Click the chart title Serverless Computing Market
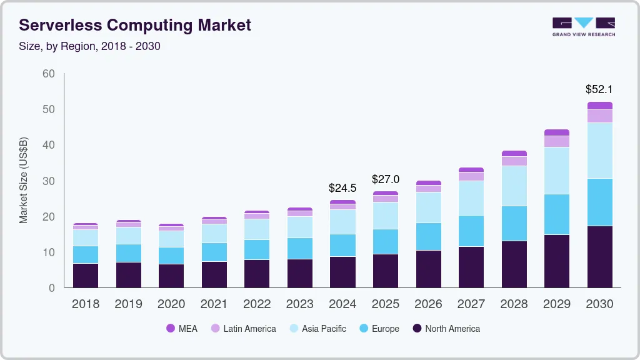pyautogui.click(x=135, y=25)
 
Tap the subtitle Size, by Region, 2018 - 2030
pyautogui.click(x=89, y=46)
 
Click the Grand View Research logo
pyautogui.click(x=583, y=26)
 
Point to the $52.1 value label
pyautogui.click(x=599, y=89)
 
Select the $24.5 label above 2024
pyautogui.click(x=342, y=187)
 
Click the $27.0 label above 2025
pyautogui.click(x=386, y=179)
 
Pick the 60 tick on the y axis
pyautogui.click(x=48, y=74)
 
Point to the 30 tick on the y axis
pyautogui.click(x=48, y=181)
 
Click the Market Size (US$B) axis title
pyautogui.click(x=24, y=180)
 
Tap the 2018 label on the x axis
pyautogui.click(x=85, y=304)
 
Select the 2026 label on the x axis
pyautogui.click(x=428, y=304)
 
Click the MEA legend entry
pyautogui.click(x=181, y=328)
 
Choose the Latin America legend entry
pyautogui.click(x=243, y=328)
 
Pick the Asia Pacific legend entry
pyautogui.click(x=317, y=328)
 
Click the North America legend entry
pyautogui.click(x=446, y=328)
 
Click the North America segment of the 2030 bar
pyautogui.click(x=600, y=256)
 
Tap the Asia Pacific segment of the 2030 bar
pyautogui.click(x=600, y=151)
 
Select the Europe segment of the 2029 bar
pyautogui.click(x=557, y=214)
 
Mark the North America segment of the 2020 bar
pyautogui.click(x=171, y=276)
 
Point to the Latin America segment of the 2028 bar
pyautogui.click(x=514, y=161)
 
